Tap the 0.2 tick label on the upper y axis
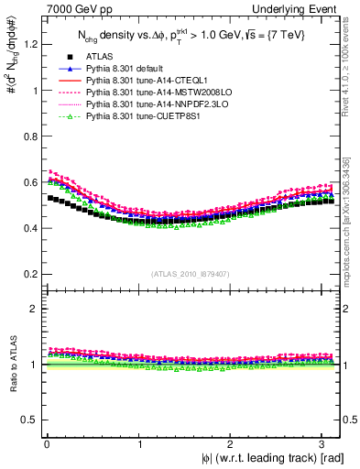(x=28, y=274)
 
